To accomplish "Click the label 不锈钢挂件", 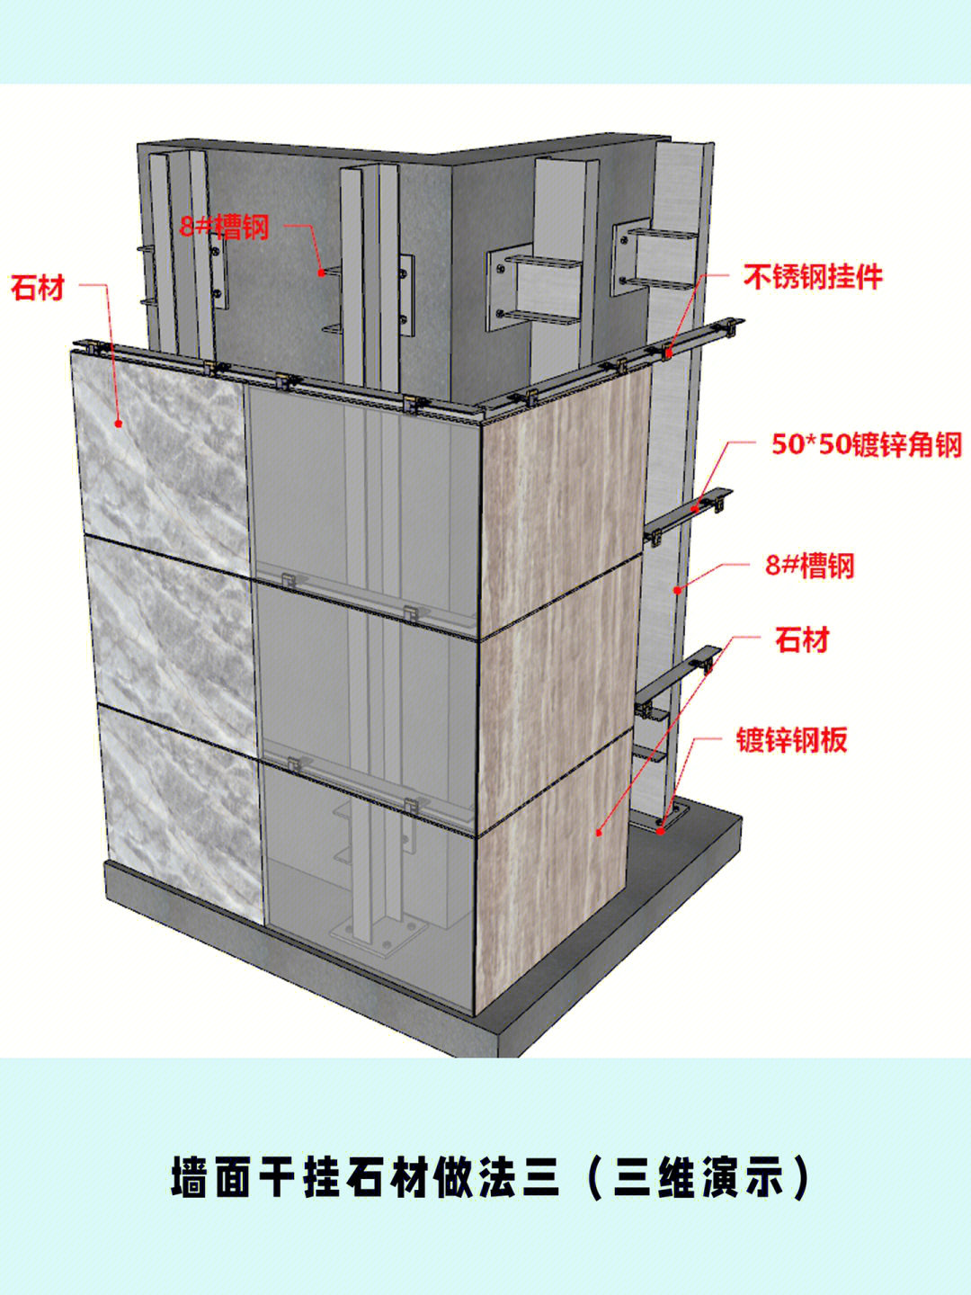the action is point(813,277).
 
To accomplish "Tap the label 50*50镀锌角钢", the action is point(867,444).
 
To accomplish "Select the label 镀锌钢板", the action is point(792,739).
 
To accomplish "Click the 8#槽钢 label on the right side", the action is point(809,565).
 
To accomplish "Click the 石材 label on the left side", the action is point(38,288).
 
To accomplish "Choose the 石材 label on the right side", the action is point(802,640).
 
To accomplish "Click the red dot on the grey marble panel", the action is point(119,423).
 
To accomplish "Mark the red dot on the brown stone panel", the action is point(599,833).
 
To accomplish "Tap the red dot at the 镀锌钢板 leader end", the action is point(661,831).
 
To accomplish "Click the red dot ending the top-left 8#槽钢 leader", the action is point(321,272).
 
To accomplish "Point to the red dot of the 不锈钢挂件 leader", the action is point(668,353).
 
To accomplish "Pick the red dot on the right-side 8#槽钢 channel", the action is point(678,589).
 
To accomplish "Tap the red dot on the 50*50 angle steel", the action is point(696,507).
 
